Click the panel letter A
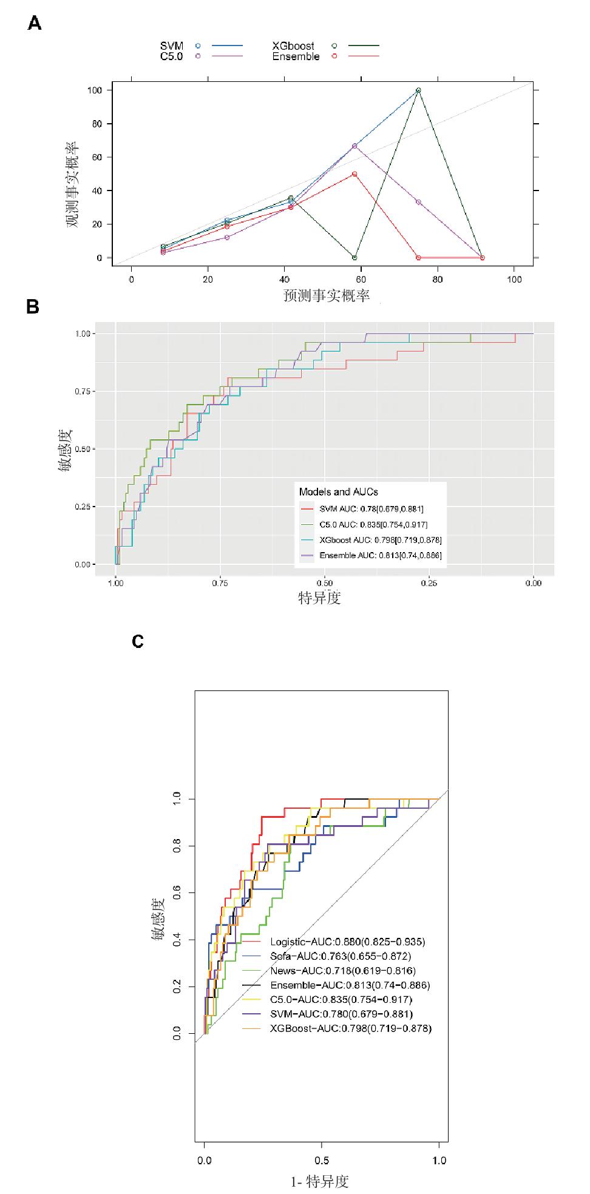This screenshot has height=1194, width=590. pos(35,24)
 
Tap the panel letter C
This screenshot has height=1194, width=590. pos(138,641)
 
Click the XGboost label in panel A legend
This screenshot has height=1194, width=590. pos(293,46)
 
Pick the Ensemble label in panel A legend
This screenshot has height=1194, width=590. pos(296,56)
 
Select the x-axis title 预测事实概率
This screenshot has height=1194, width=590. pos(327,296)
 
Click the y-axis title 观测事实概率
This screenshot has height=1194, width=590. pos(72,184)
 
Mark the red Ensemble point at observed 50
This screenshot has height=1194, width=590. pos(354,174)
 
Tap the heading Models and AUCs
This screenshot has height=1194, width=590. pos(339,491)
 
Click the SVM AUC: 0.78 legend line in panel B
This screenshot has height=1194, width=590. pos(371,509)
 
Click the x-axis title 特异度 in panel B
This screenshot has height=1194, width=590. pos(320,598)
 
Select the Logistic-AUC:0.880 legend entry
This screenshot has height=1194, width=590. pos(347,942)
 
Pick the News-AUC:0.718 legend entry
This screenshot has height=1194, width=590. pos(342,971)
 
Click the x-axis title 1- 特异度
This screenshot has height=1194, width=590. pos(320,1181)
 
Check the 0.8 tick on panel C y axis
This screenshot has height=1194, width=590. pos(177,846)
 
